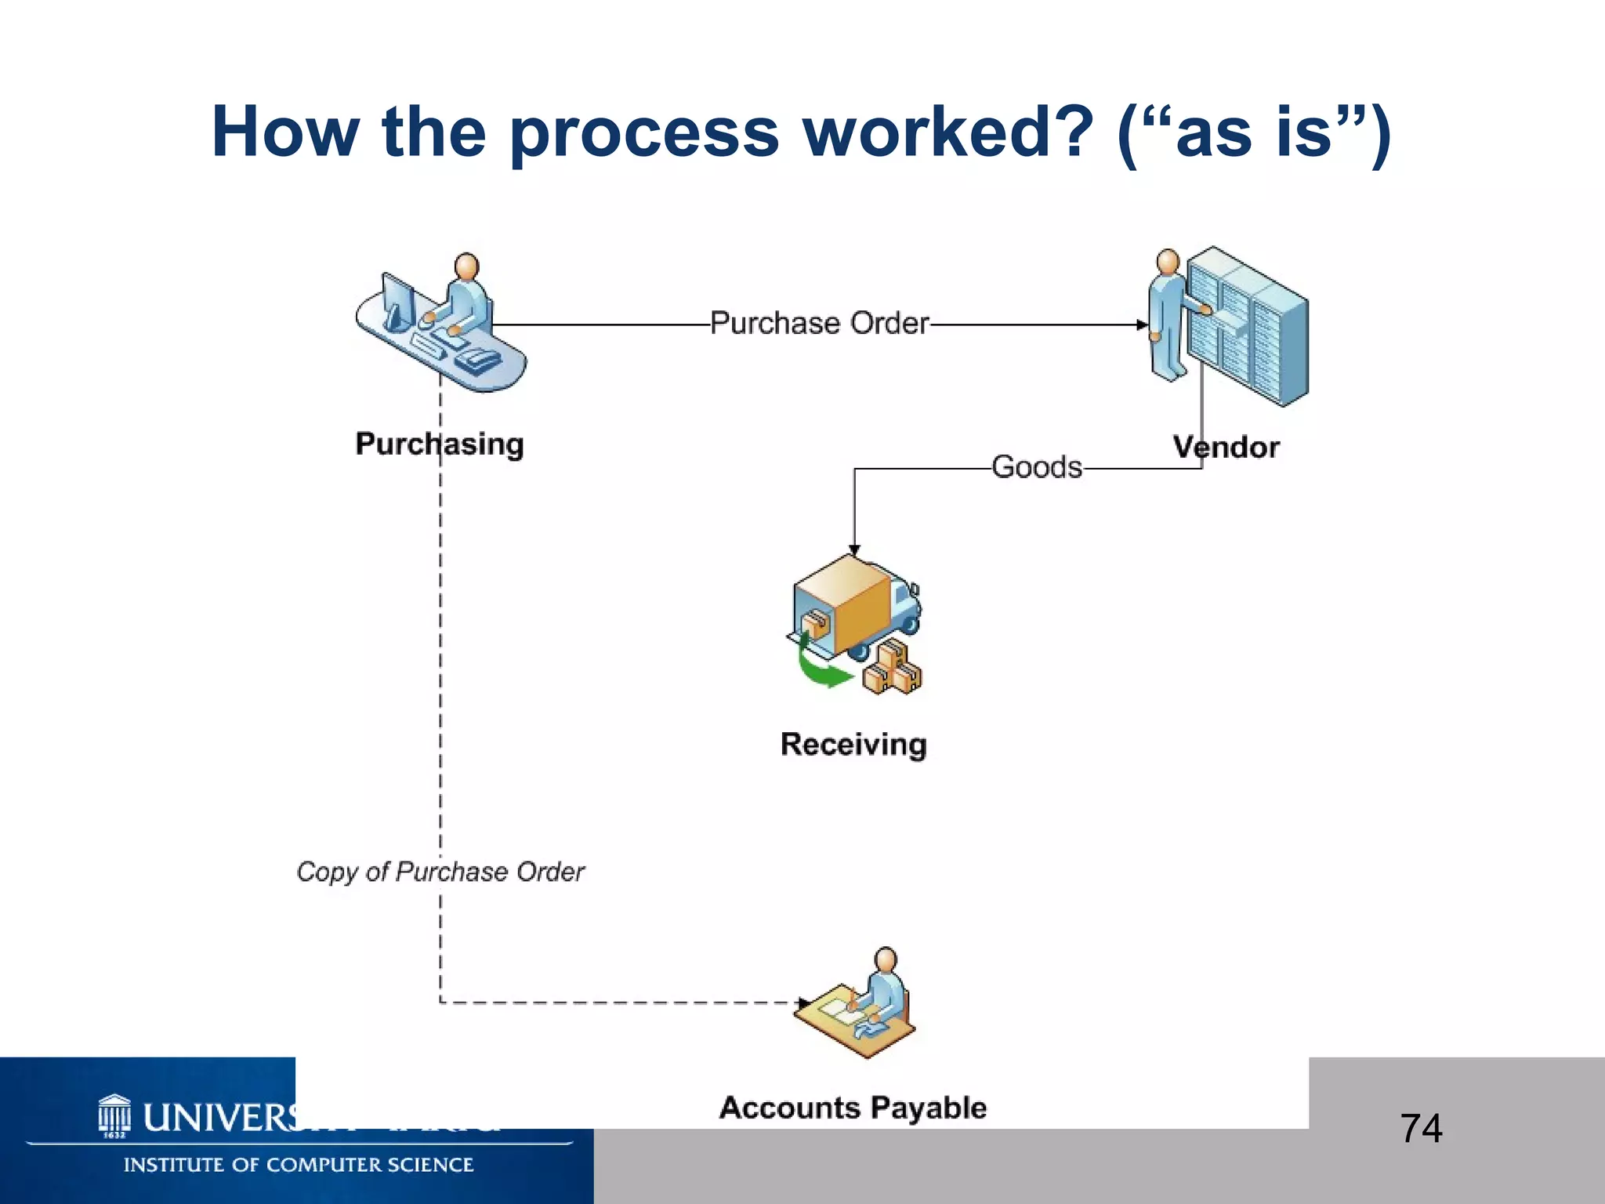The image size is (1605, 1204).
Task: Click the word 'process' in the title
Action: [x=644, y=133]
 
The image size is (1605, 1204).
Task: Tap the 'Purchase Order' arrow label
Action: [x=819, y=323]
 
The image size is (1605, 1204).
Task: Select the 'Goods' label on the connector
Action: [x=1036, y=467]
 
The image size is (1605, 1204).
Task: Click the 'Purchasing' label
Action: [x=439, y=444]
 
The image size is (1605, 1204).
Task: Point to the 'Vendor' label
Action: [x=1226, y=447]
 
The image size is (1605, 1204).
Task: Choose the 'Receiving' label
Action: [x=853, y=744]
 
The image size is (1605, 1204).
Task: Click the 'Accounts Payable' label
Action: [x=853, y=1108]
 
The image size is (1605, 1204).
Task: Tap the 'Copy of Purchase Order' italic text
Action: [x=440, y=872]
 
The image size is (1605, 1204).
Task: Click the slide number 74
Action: [x=1421, y=1129]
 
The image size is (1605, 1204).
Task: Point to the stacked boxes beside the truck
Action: [x=893, y=669]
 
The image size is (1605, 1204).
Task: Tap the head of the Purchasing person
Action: [x=467, y=267]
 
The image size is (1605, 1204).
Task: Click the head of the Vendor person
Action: [x=1168, y=261]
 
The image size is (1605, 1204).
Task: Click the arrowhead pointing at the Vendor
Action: [x=1142, y=325]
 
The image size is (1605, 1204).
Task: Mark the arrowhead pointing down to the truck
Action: [x=854, y=550]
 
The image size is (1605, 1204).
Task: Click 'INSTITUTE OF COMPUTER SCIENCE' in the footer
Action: [x=298, y=1165]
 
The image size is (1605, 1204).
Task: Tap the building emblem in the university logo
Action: [x=114, y=1114]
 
